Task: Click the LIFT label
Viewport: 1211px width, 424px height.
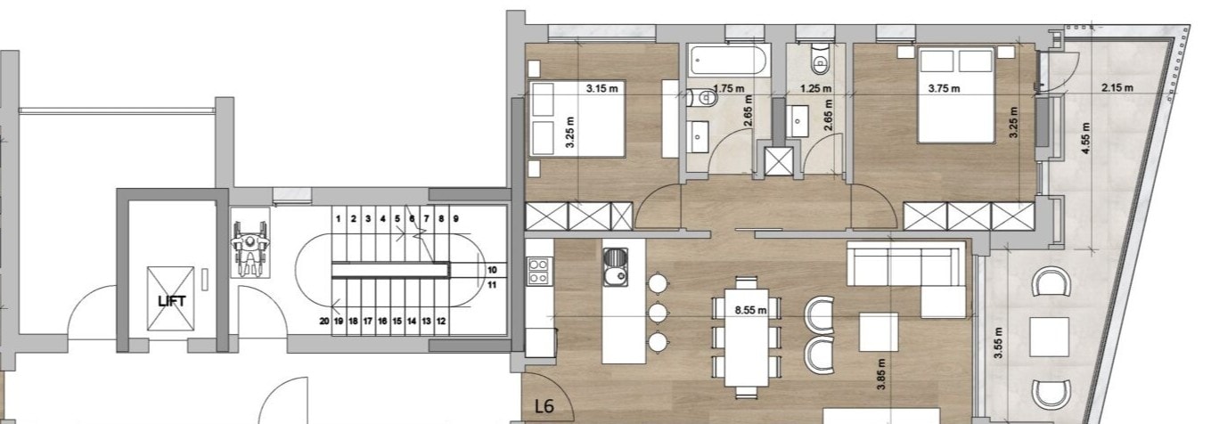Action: [x=172, y=301]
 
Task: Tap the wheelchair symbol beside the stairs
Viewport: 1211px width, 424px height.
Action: [x=250, y=243]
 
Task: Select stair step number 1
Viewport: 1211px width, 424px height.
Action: [x=339, y=219]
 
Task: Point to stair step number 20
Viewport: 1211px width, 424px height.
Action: [x=323, y=321]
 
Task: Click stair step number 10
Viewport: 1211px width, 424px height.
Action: [x=492, y=270]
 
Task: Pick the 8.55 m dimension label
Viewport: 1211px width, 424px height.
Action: [x=750, y=310]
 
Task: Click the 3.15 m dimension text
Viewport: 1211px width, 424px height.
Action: [x=601, y=88]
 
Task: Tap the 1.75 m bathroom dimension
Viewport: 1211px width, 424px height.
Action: [x=728, y=88]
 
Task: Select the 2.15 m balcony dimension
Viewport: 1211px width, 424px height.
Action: [x=1117, y=87]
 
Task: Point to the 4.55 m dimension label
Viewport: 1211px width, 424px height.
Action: [x=1086, y=138]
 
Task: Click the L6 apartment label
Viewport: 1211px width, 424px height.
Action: [x=544, y=406]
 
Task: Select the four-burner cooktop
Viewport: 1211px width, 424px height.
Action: [x=538, y=271]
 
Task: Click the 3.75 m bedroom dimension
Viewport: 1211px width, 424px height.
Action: [x=944, y=88]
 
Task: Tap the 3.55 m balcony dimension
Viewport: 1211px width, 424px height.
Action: [x=999, y=342]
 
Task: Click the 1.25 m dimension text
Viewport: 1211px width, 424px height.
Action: [x=816, y=88]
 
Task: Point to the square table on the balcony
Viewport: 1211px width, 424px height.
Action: [x=1050, y=337]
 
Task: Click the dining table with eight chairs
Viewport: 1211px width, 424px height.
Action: [x=747, y=338]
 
